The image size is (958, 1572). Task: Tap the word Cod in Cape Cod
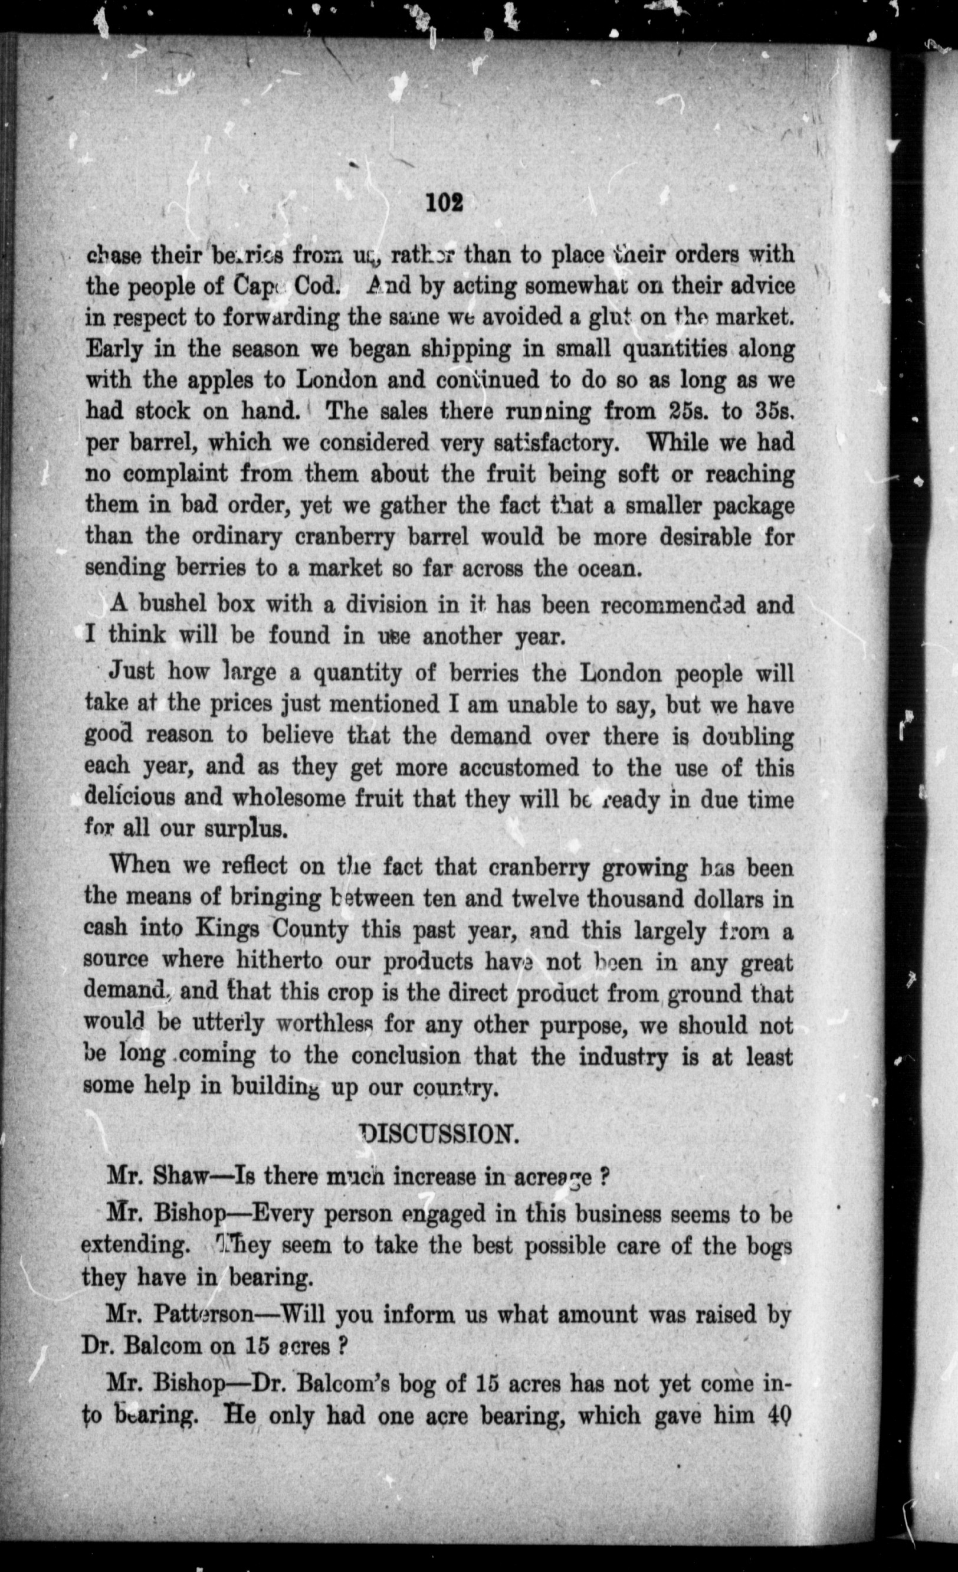click(314, 285)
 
